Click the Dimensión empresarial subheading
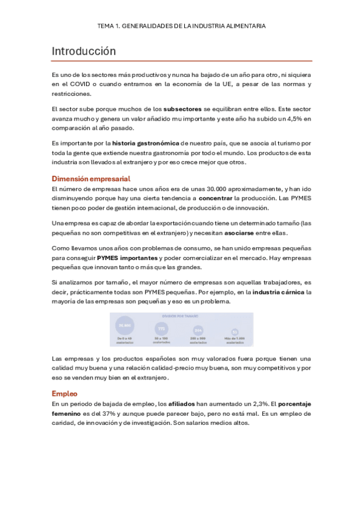(91, 179)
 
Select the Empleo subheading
(65, 393)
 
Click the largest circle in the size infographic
(125, 326)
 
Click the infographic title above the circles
(181, 316)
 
